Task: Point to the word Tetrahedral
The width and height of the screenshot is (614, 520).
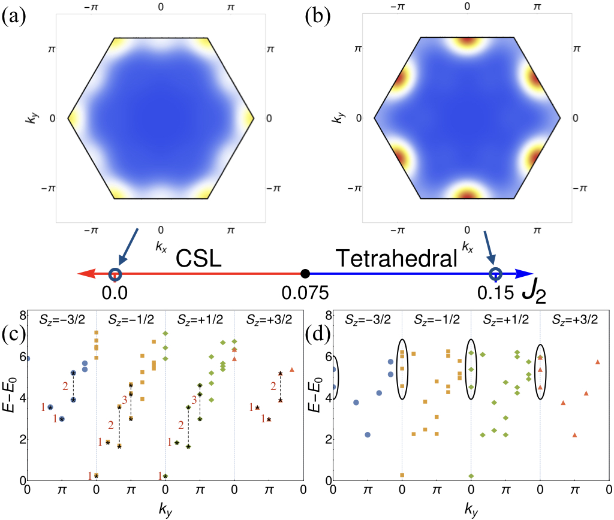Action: [395, 260]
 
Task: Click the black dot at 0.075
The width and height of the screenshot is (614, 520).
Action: [305, 274]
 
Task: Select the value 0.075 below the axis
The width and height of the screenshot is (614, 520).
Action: [305, 294]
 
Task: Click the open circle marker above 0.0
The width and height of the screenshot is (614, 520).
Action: [115, 275]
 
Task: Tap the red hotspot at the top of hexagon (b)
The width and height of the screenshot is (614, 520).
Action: [468, 41]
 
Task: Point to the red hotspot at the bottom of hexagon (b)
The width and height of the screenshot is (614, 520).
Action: [468, 194]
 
